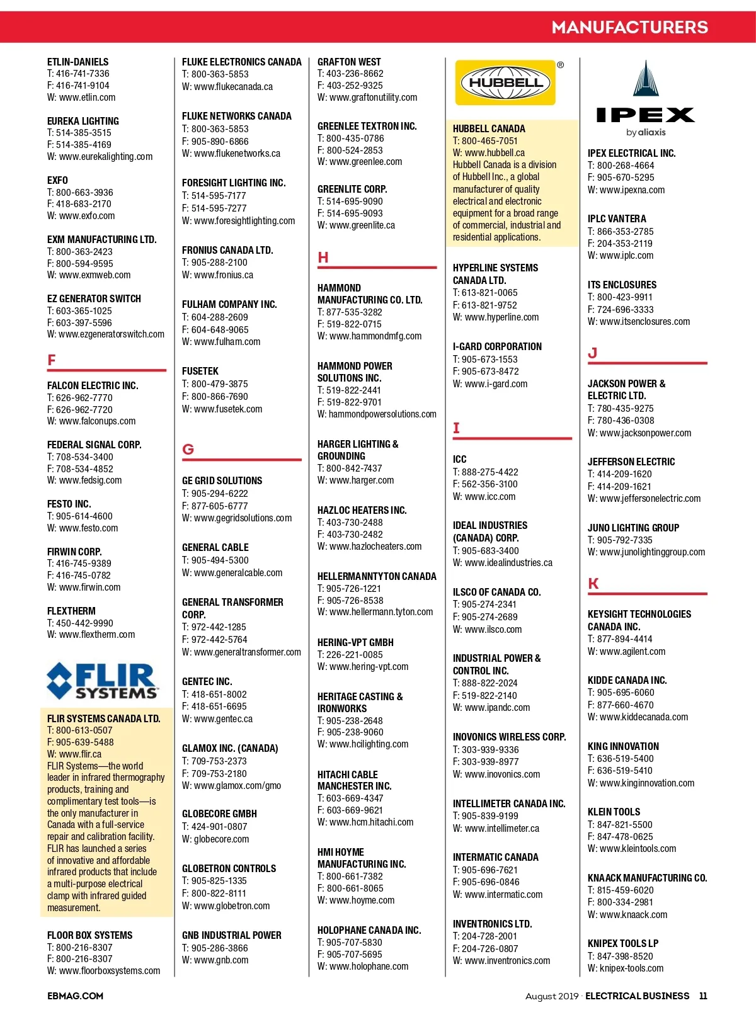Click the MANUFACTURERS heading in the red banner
coord(629,27)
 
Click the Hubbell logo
coord(505,82)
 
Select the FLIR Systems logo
coord(103,681)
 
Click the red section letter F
coord(52,360)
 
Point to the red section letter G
coord(188,450)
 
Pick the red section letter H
coord(323,258)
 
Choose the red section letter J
coord(592,353)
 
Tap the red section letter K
coord(593,584)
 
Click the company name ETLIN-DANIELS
coord(77,62)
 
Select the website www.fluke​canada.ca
coord(233,87)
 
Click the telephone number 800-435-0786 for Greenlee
coord(355,139)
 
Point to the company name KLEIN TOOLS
coord(614,812)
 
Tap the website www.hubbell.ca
coord(494,153)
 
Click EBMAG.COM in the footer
coord(75,996)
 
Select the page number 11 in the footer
coord(703,996)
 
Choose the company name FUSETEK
coord(200,372)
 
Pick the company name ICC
coord(460,460)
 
